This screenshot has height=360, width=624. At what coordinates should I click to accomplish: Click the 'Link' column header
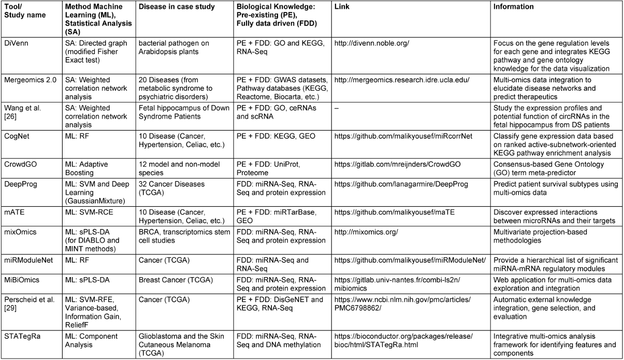341,7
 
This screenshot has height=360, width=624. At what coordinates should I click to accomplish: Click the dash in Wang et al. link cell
337,109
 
